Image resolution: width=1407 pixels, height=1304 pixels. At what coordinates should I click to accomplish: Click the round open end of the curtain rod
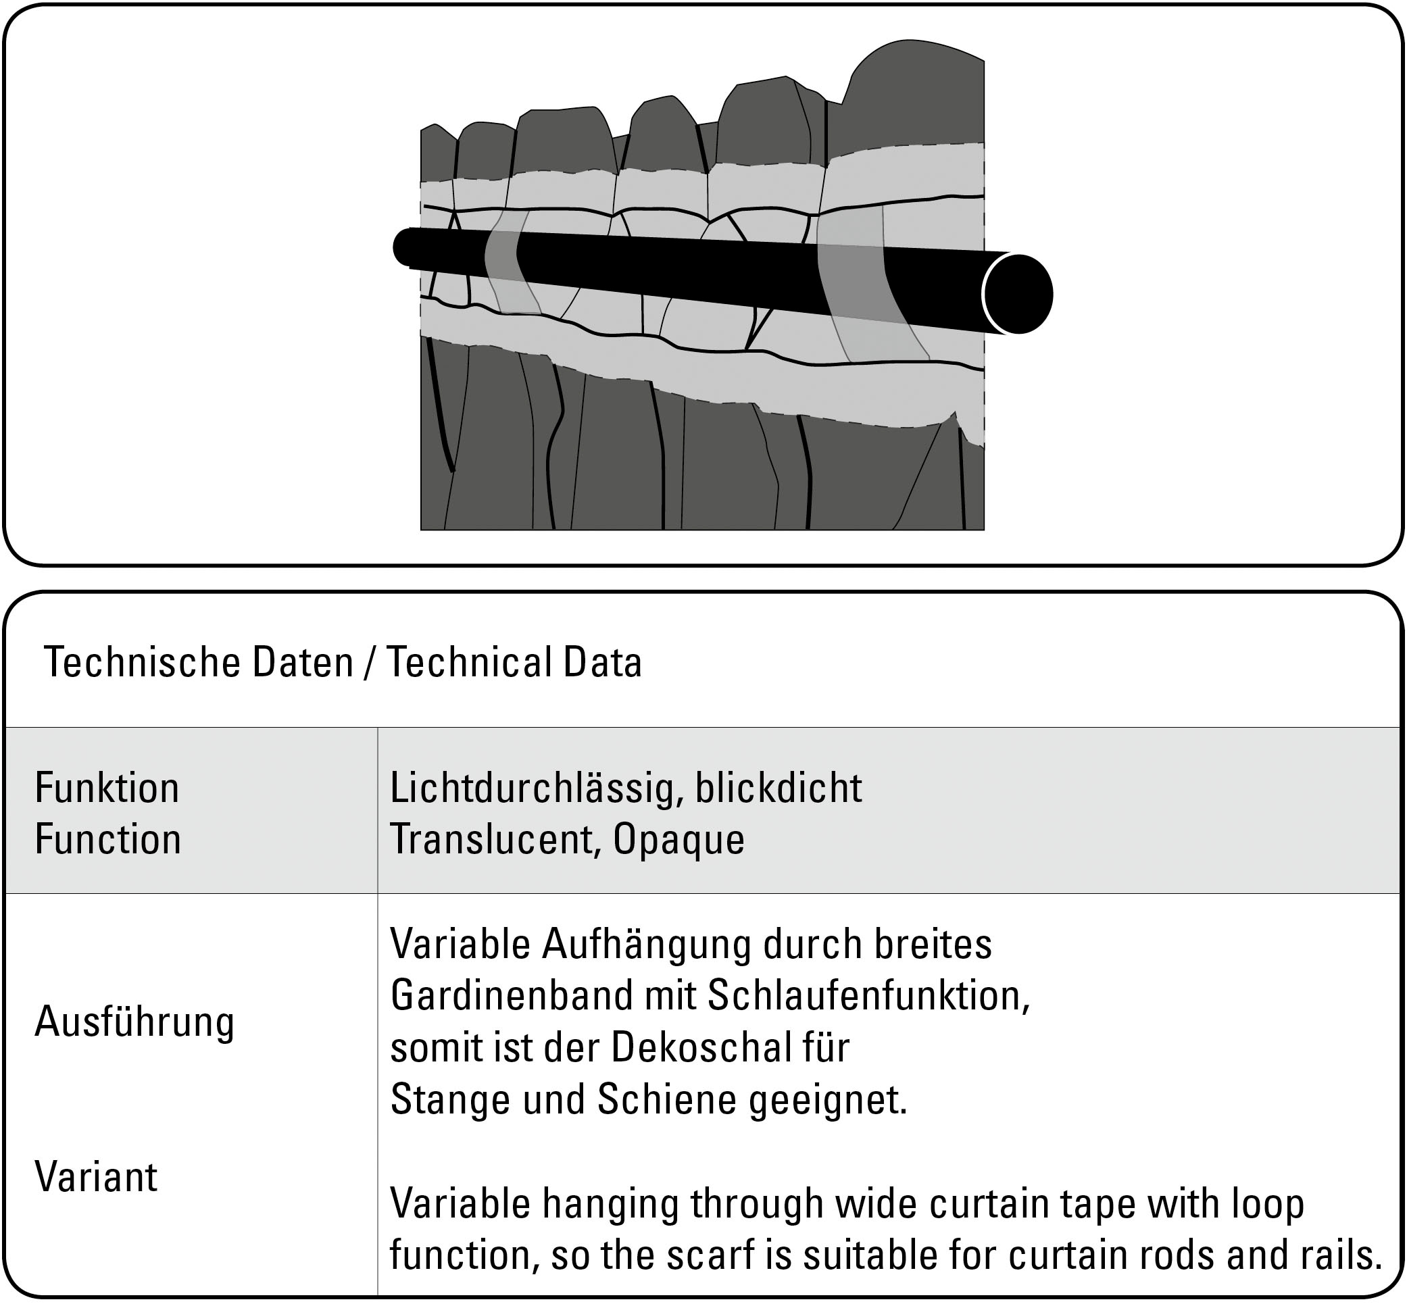click(1017, 293)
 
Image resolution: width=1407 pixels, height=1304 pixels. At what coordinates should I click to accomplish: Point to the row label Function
click(108, 839)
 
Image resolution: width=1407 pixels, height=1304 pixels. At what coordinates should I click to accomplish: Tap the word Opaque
click(678, 841)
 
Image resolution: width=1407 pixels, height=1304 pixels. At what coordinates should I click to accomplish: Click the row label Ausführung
click(134, 1022)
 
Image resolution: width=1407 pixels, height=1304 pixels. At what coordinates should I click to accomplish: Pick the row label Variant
click(96, 1176)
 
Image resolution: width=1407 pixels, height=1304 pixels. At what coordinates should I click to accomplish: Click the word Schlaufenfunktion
click(868, 996)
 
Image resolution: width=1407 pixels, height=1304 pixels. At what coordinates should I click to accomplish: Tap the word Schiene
click(667, 1099)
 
